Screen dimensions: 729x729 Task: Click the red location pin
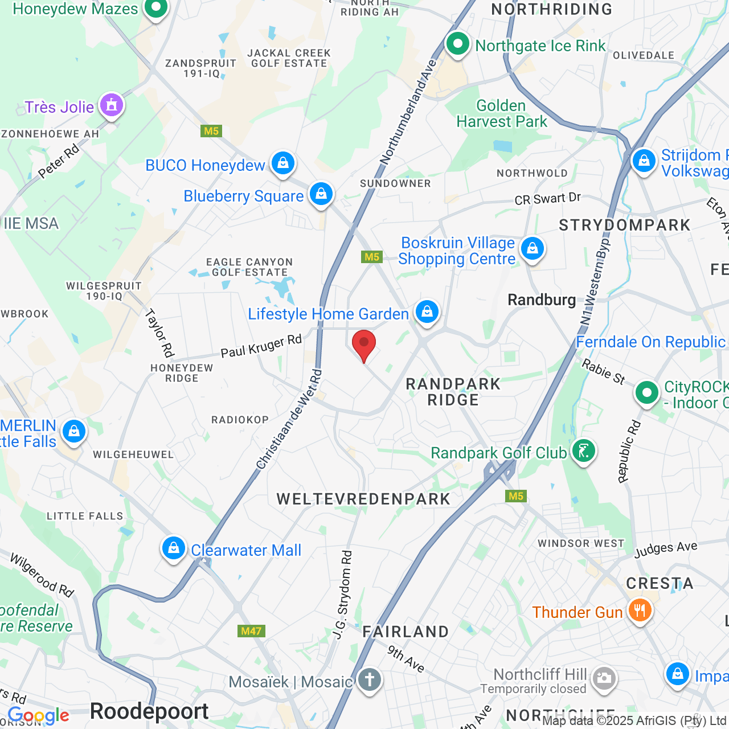(364, 344)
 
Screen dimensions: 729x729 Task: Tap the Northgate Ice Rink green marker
(457, 44)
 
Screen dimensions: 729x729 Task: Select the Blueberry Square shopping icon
(321, 194)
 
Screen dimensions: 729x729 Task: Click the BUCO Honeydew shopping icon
(282, 163)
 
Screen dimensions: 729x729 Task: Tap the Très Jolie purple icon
(112, 105)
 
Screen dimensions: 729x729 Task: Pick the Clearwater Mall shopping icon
(173, 548)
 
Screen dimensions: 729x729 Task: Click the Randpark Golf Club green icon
(583, 451)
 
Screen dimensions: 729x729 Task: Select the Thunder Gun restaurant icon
(640, 611)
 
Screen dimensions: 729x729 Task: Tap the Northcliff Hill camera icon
(604, 678)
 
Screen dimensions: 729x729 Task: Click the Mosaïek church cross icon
(370, 680)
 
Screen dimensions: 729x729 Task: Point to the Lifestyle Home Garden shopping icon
(427, 312)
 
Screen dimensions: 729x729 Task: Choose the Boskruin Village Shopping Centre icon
(533, 249)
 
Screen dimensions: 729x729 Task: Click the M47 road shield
(251, 631)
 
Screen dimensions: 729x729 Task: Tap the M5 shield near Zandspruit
(211, 131)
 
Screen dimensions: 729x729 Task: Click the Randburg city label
(542, 300)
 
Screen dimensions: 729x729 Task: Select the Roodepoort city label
(149, 711)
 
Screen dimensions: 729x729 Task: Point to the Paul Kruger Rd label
(261, 346)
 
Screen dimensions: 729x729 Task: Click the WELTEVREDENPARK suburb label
(363, 499)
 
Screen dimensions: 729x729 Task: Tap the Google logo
(39, 715)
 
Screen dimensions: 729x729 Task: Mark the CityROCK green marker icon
(646, 392)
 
